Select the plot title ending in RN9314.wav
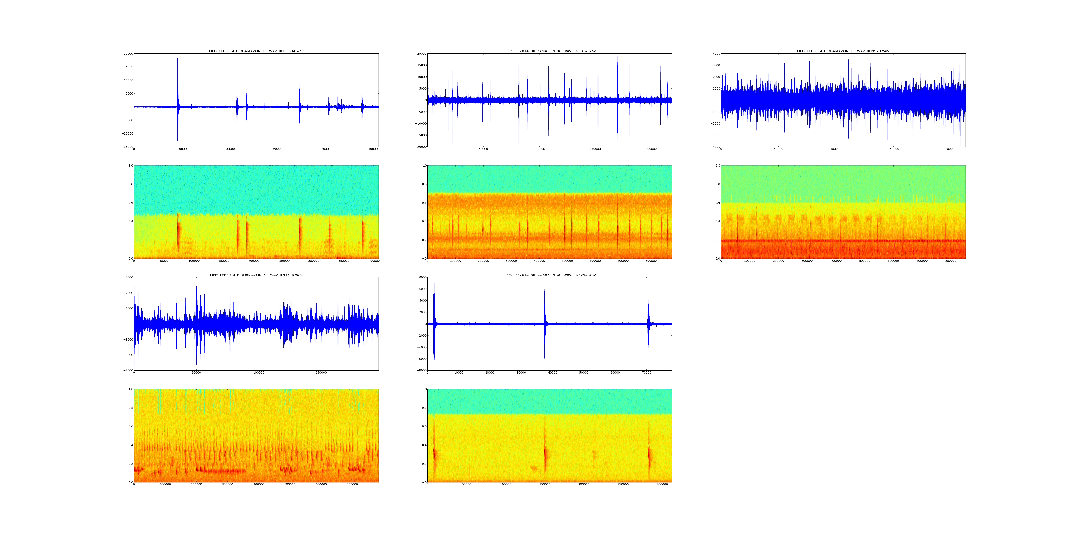(x=549, y=51)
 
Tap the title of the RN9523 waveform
(x=843, y=51)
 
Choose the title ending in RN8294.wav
(x=549, y=275)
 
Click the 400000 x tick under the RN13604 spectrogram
(x=374, y=261)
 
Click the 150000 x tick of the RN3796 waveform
(x=321, y=373)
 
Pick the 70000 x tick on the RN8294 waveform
(x=646, y=373)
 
